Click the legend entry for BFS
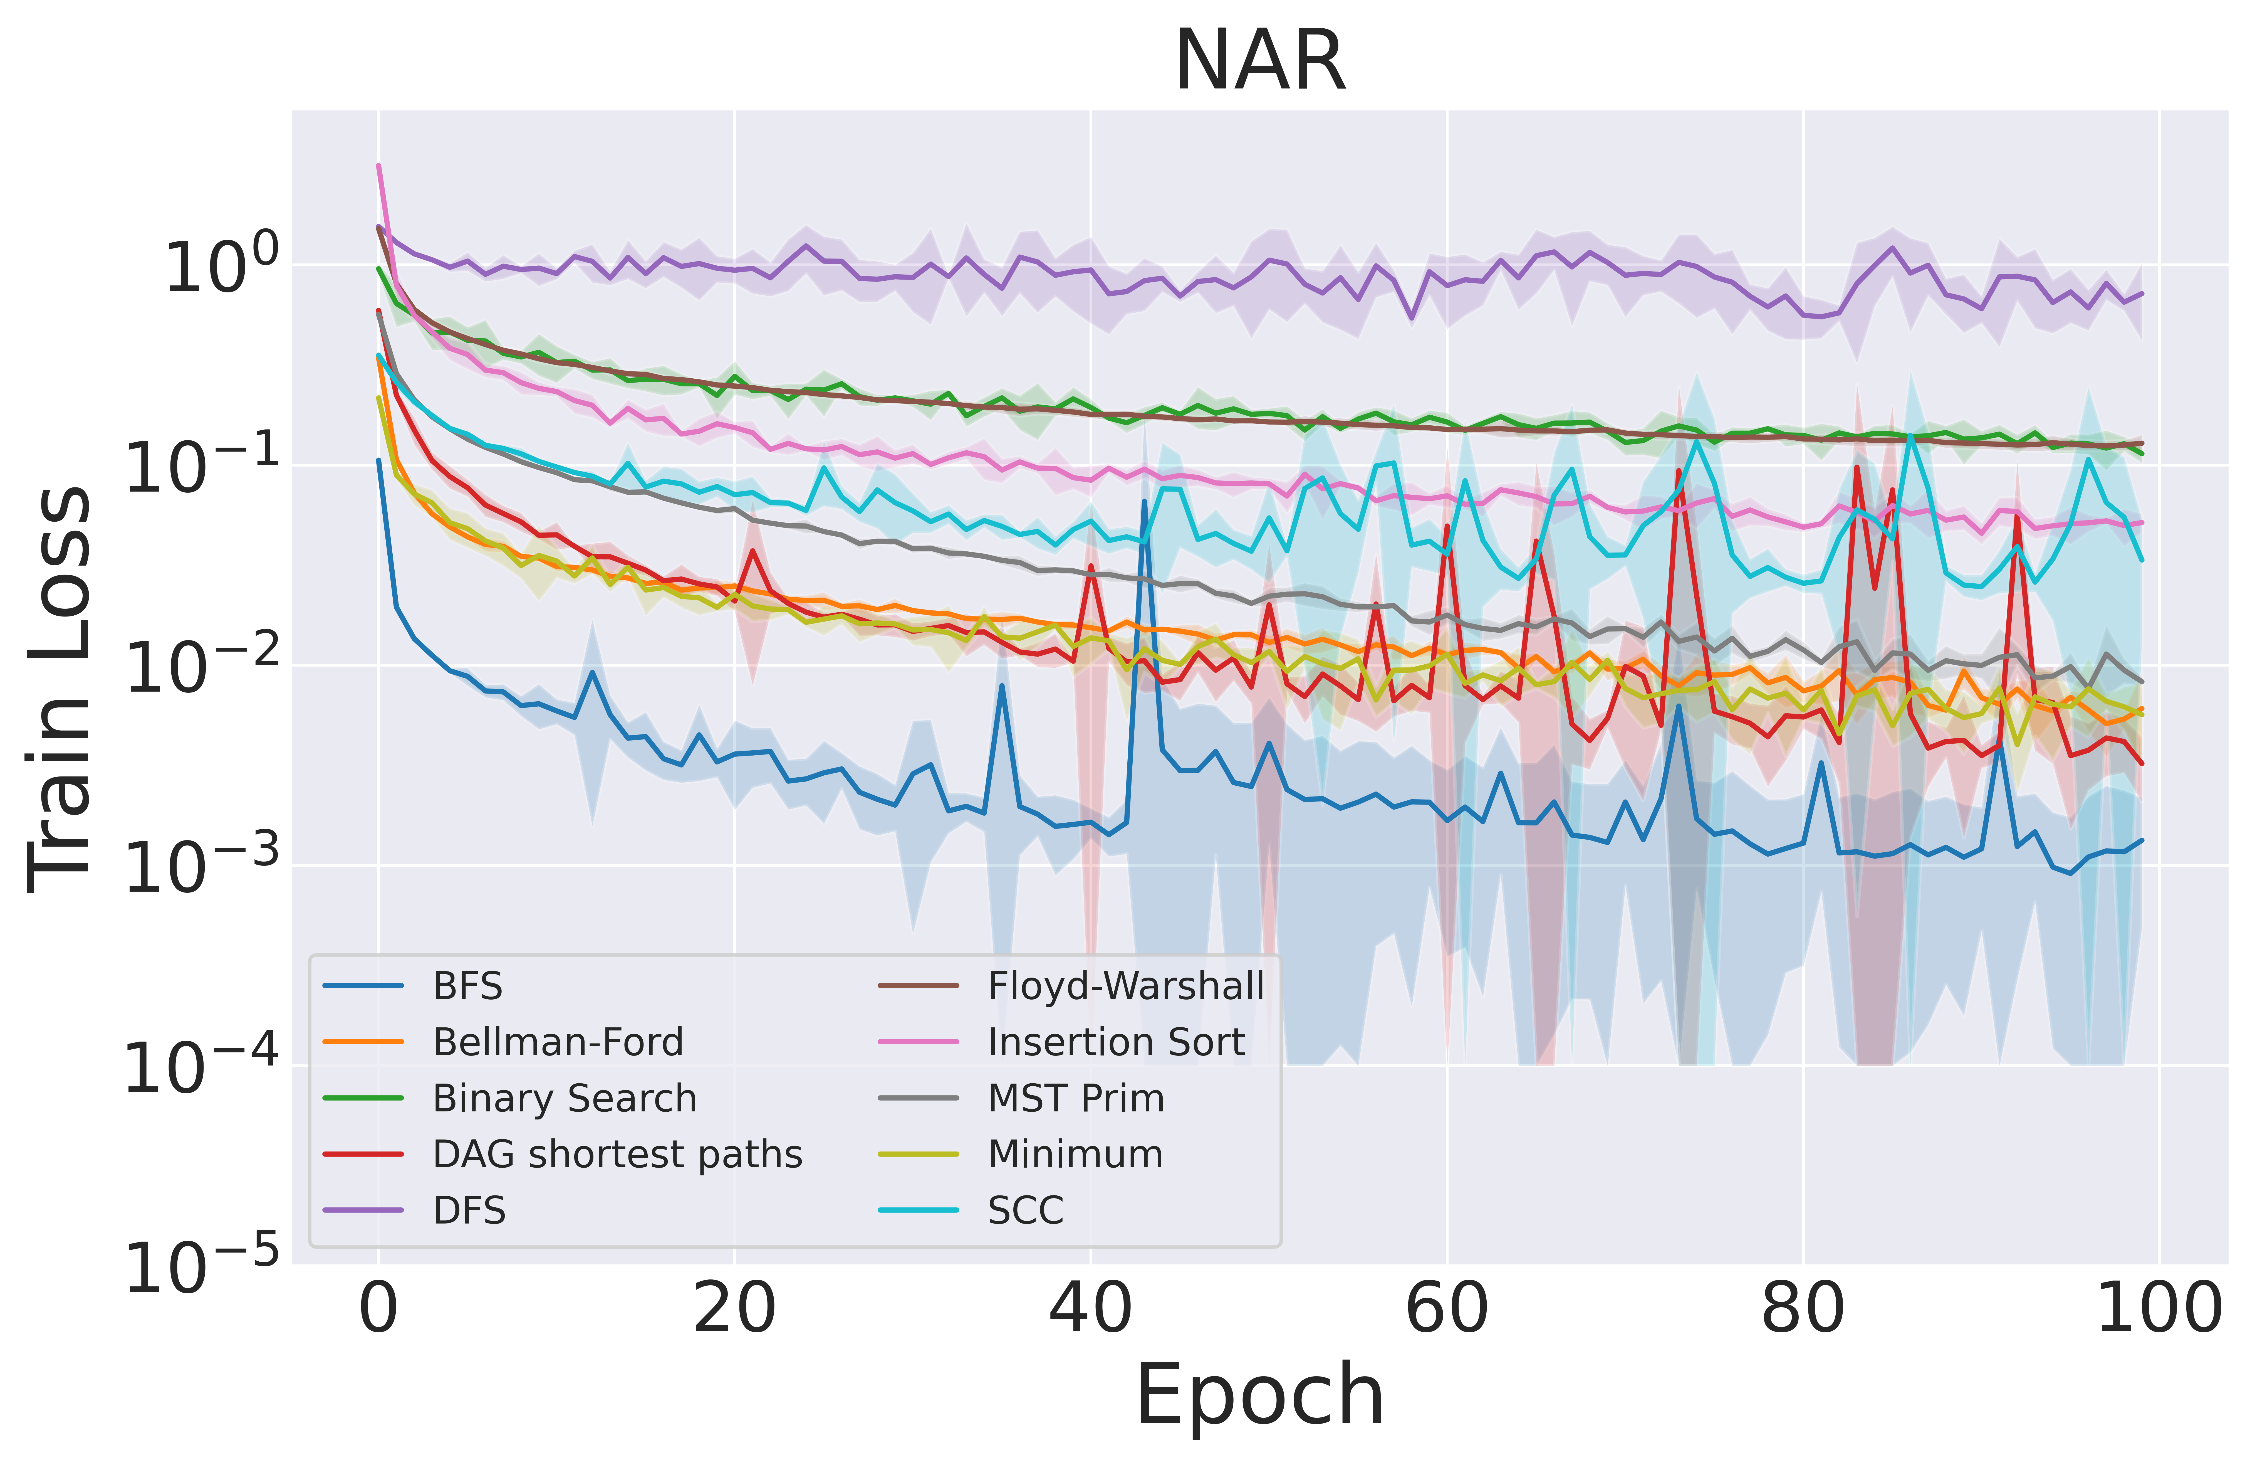point(467,986)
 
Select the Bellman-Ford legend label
point(557,1042)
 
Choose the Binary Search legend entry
point(565,1098)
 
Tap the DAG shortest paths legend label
point(617,1154)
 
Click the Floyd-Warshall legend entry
point(1126,986)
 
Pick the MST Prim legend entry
point(1075,1098)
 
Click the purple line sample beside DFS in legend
point(364,1210)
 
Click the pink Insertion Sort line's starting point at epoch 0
point(379,166)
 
